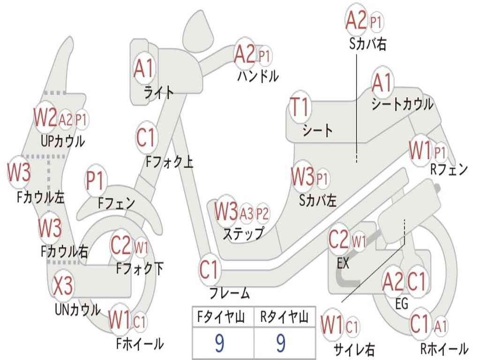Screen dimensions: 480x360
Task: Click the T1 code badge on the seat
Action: pyautogui.click(x=300, y=107)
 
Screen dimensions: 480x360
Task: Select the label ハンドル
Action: pyautogui.click(x=258, y=75)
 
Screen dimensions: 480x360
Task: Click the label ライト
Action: pyautogui.click(x=159, y=92)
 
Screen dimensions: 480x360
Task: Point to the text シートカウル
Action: pyautogui.click(x=402, y=104)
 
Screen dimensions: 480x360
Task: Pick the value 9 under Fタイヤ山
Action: pyautogui.click(x=220, y=343)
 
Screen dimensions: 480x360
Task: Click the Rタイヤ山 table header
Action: pyautogui.click(x=285, y=317)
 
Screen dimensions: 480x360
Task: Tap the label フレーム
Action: pyautogui.click(x=230, y=293)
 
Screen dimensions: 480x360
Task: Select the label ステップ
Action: pyautogui.click(x=243, y=233)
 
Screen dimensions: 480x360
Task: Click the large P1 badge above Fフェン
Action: pyautogui.click(x=96, y=180)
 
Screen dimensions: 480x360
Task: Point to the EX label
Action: pyautogui.click(x=343, y=263)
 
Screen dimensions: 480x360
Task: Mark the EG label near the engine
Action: pyautogui.click(x=402, y=304)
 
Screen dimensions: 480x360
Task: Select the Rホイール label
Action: pyautogui.click(x=444, y=349)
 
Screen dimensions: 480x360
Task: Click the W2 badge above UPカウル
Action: pyautogui.click(x=45, y=117)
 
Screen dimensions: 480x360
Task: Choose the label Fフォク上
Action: pyautogui.click(x=170, y=162)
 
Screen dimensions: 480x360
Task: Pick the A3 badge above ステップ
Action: pyautogui.click(x=247, y=213)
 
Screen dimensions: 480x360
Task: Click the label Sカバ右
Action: pyautogui.click(x=367, y=44)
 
